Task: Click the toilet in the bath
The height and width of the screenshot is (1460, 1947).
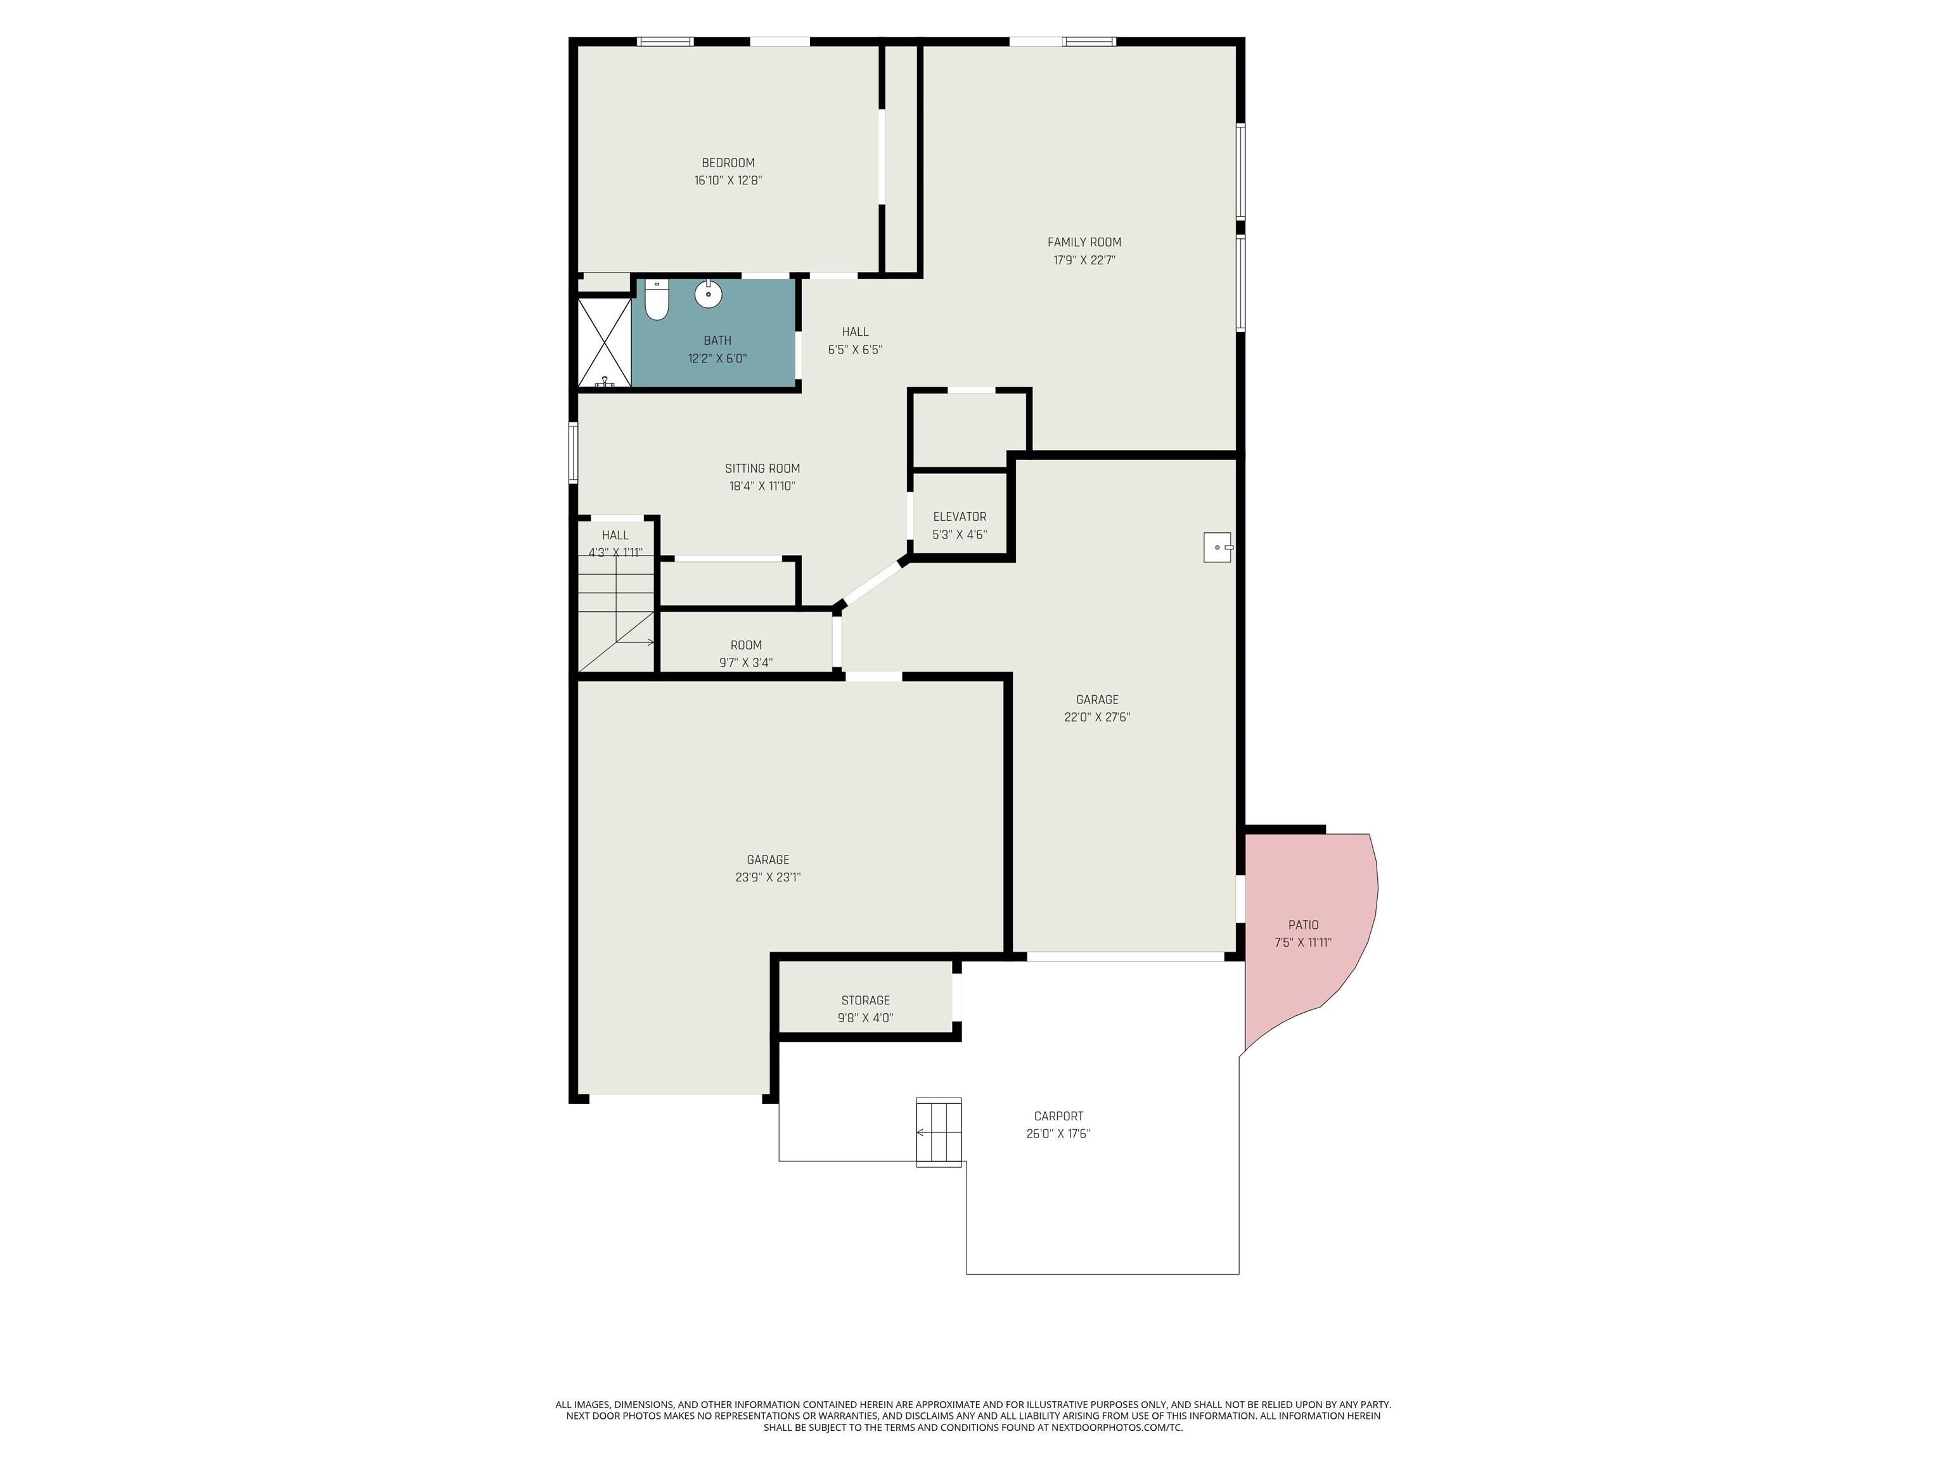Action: tap(657, 299)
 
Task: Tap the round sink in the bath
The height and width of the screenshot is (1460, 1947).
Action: tap(709, 294)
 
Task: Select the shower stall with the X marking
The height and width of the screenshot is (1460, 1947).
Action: tap(605, 342)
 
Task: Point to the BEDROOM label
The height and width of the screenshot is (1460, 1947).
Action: tap(728, 163)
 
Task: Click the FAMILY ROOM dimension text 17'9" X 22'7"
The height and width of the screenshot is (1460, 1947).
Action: tap(1084, 260)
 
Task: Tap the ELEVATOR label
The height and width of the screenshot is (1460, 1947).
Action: tap(960, 516)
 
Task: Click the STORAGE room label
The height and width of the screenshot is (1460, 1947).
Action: tap(865, 1000)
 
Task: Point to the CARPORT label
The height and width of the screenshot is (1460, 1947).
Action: tap(1058, 1116)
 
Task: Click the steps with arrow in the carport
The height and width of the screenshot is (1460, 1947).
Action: tap(939, 1132)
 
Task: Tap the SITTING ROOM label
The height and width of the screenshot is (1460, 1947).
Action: tap(762, 468)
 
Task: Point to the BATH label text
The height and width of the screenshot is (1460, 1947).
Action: tap(717, 340)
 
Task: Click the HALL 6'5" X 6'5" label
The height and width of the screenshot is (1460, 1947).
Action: tap(855, 340)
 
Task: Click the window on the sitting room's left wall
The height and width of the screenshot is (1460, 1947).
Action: tap(573, 452)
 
